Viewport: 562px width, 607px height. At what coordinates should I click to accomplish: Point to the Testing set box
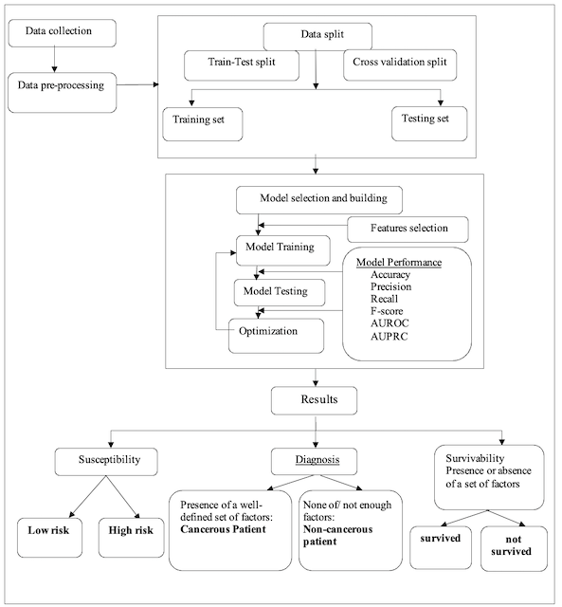[x=428, y=120]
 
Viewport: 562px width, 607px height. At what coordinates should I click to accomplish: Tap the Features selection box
[x=410, y=230]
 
